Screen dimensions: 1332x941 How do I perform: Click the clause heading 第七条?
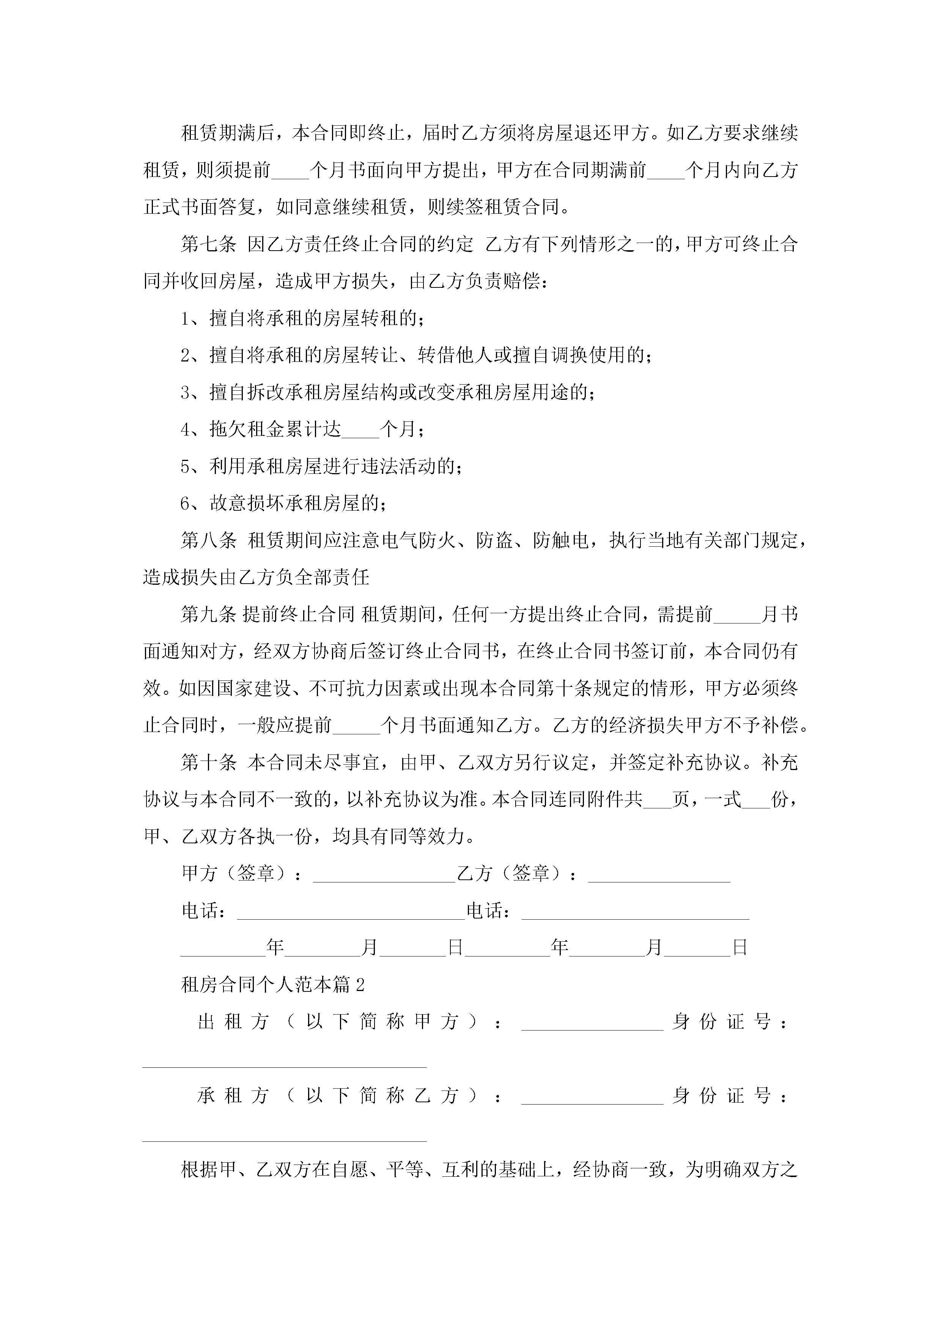209,244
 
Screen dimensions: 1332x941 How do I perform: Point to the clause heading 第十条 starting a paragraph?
209,763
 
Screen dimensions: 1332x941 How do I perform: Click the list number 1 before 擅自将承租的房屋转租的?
186,319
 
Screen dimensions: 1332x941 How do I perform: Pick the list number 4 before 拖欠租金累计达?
186,429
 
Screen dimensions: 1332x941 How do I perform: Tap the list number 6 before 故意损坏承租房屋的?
186,503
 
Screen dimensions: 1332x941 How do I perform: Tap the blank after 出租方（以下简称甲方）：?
592,1026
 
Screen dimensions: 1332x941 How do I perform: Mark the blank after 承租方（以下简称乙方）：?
592,1100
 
